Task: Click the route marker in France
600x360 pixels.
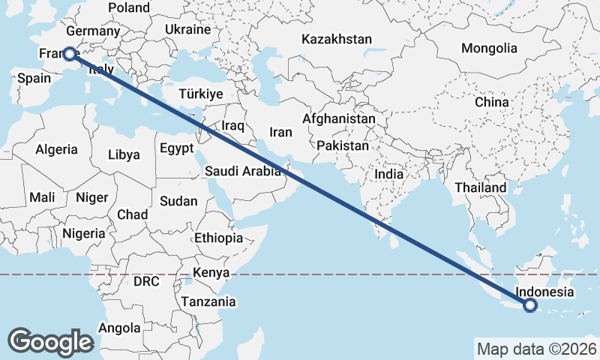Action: pyautogui.click(x=69, y=54)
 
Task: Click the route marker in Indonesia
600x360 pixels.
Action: pyautogui.click(x=530, y=305)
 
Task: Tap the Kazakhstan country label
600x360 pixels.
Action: pyautogui.click(x=337, y=39)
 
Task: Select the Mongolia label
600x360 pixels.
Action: pyautogui.click(x=489, y=48)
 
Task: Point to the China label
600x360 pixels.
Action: pyautogui.click(x=491, y=102)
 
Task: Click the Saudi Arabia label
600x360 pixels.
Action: pyautogui.click(x=243, y=172)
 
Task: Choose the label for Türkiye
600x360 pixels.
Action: pyautogui.click(x=201, y=94)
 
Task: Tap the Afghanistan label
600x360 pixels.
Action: pyautogui.click(x=339, y=118)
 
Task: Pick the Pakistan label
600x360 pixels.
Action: pyautogui.click(x=343, y=145)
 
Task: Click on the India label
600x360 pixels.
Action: pyautogui.click(x=389, y=174)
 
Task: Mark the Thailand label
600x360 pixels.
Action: pyautogui.click(x=480, y=187)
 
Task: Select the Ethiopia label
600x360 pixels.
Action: pyautogui.click(x=218, y=238)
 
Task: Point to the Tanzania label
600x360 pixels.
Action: pyautogui.click(x=208, y=301)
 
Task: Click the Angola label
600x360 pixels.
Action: pyautogui.click(x=119, y=328)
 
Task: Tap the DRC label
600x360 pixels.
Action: pyautogui.click(x=146, y=282)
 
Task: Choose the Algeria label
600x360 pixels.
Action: pyautogui.click(x=57, y=148)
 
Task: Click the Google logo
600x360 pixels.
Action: pyautogui.click(x=51, y=342)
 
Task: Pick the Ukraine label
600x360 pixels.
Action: pyautogui.click(x=187, y=30)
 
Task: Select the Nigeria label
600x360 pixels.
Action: pyautogui.click(x=84, y=233)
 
